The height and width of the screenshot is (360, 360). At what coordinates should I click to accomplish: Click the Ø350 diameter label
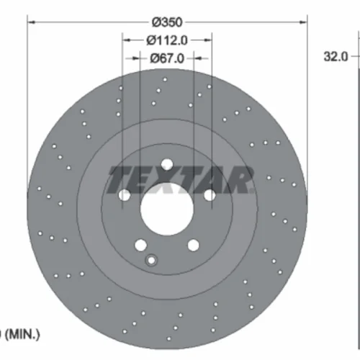pos(167,22)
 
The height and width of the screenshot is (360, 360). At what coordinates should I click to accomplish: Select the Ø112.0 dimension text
pos(167,40)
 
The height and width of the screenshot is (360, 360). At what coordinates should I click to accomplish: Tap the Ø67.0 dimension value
pos(167,58)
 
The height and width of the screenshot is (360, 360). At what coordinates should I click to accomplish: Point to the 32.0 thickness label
pos(336,57)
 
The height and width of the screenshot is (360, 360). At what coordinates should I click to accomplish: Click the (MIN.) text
pos(22,334)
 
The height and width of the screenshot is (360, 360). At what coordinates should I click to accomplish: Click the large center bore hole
pos(167,209)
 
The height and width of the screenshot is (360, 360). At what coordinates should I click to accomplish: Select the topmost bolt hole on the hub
pos(167,164)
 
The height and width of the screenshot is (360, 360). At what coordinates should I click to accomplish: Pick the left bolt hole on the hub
pos(125,195)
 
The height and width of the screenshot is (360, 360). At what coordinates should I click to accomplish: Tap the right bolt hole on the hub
pos(210,195)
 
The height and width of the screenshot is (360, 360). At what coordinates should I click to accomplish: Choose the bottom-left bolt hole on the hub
pos(141,245)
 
